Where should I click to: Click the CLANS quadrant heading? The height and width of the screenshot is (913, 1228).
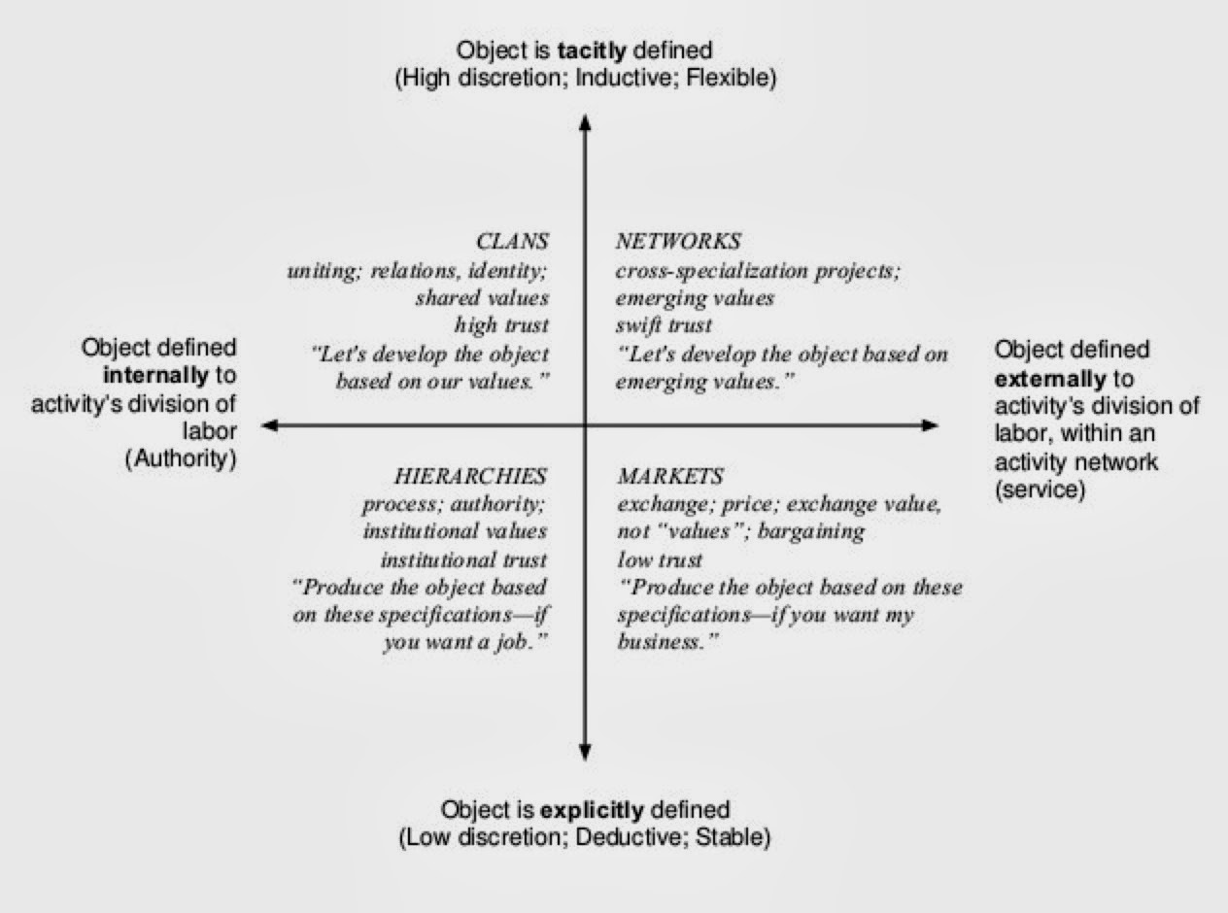(512, 241)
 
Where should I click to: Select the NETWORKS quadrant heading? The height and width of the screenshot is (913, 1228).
(678, 241)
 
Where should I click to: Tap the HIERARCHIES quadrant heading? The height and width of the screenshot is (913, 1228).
(470, 476)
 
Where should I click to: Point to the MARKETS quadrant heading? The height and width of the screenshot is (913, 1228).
(670, 476)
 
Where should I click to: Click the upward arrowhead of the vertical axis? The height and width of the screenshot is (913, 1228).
(585, 120)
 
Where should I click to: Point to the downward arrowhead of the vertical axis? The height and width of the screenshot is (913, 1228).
(585, 750)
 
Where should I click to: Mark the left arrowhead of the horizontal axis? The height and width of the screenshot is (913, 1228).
(270, 424)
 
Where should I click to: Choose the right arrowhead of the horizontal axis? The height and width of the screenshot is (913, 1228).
(930, 424)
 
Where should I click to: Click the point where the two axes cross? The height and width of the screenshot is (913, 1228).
(585, 424)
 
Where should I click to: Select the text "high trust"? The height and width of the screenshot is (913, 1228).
(501, 325)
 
